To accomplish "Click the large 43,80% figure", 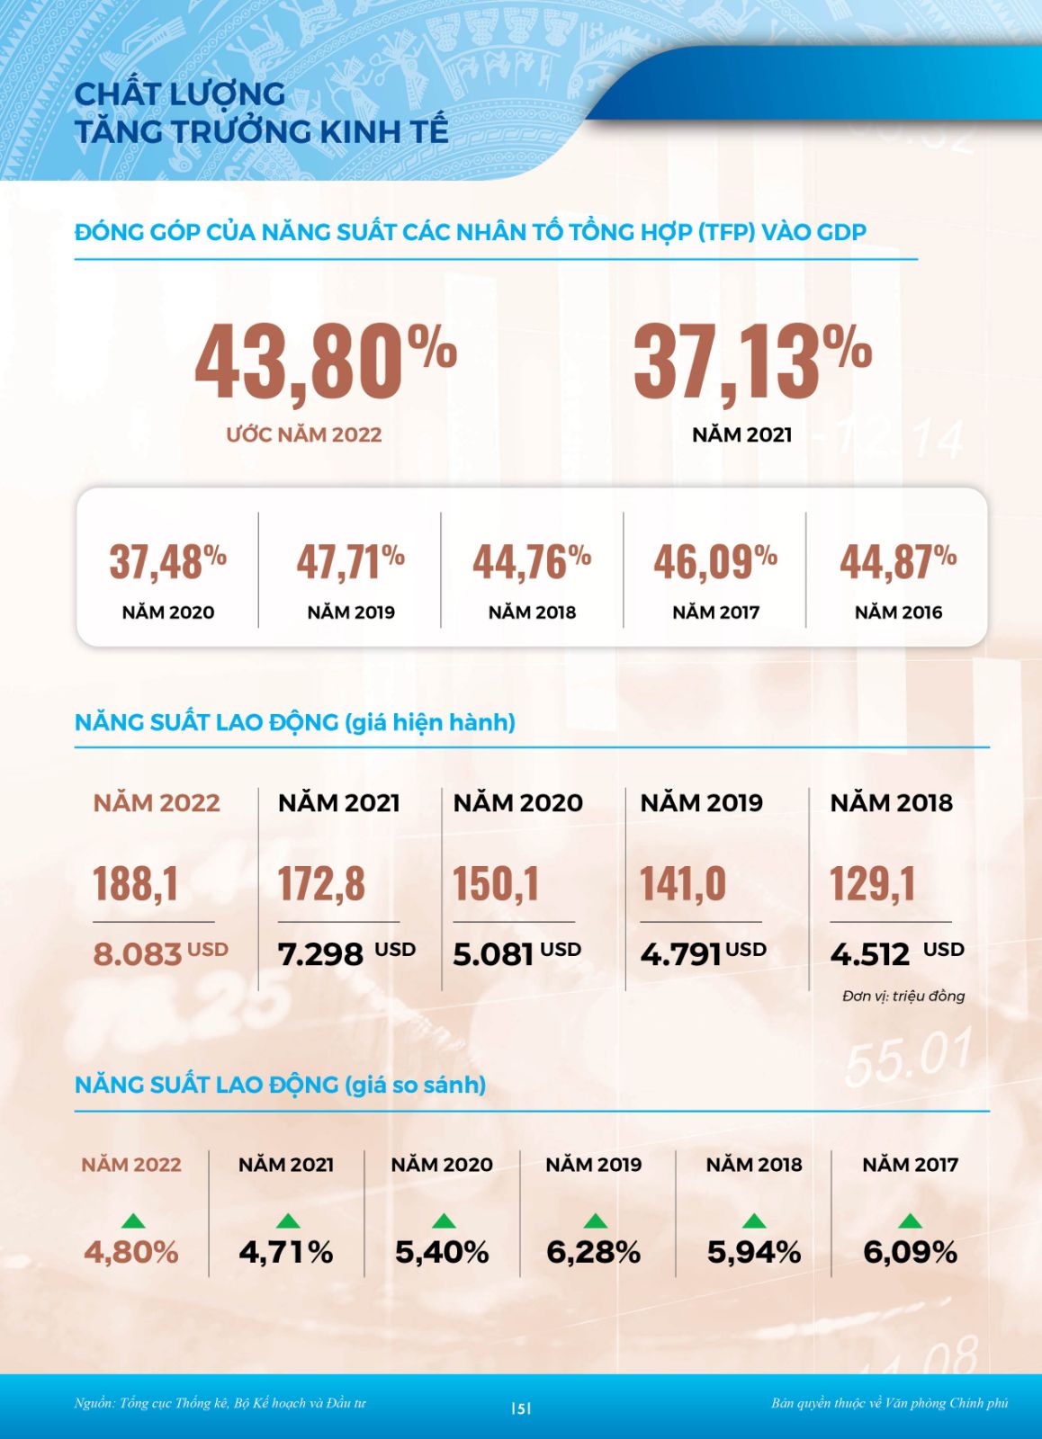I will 326,362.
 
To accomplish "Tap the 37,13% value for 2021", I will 752,362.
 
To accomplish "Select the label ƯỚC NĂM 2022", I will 304,434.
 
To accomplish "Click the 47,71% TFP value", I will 351,562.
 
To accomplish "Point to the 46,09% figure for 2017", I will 715,562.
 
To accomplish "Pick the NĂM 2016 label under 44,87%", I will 898,612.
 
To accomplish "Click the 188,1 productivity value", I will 136,883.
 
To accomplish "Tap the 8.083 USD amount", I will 160,953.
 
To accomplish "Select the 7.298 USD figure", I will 346,953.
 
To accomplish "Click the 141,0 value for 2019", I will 683,883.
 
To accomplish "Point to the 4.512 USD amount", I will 896,953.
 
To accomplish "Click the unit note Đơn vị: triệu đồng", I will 903,996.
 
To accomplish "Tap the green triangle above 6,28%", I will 595,1220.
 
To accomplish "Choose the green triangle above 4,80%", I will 132,1220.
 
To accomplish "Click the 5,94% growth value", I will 754,1252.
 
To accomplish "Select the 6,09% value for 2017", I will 910,1252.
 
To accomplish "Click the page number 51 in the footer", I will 521,1408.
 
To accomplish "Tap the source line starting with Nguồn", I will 220,1403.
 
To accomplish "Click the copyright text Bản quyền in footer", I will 889,1403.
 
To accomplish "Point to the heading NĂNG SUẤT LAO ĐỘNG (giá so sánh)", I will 280,1085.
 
